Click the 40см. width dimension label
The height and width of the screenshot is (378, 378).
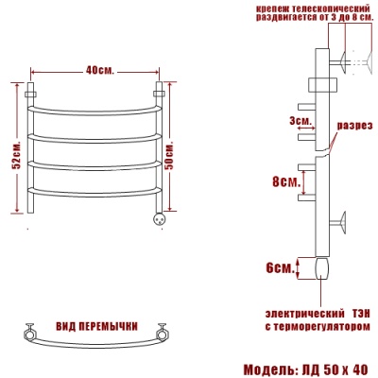99,70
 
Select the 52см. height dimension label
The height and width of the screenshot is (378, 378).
17,155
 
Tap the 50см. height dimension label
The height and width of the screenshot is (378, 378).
169,155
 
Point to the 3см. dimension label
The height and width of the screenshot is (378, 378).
301,120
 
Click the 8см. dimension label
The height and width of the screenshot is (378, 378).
286,182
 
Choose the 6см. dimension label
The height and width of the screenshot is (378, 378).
280,268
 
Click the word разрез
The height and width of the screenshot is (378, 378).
355,126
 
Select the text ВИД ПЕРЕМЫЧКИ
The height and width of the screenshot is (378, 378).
96,326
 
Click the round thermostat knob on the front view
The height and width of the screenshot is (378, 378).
159,218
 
